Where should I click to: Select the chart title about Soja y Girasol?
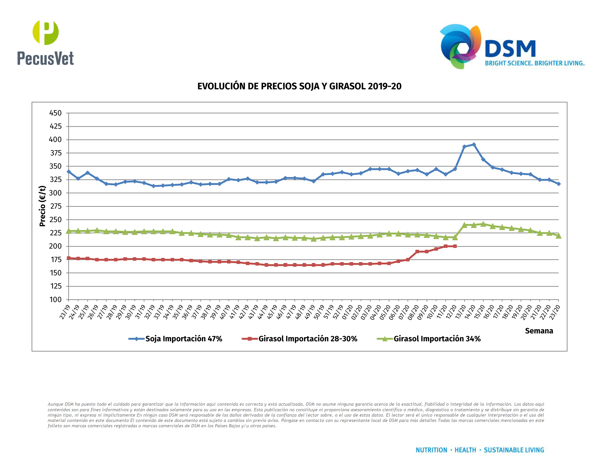tap(299, 86)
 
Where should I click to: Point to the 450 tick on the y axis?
tap(55, 113)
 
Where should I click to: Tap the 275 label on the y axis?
tap(55, 206)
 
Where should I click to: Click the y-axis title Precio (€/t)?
tap(42, 206)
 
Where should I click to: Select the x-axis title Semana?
tap(539, 331)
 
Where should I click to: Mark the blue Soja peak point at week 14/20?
tap(474, 145)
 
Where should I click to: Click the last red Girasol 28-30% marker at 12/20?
tap(455, 246)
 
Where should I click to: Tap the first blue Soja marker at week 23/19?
tap(69, 171)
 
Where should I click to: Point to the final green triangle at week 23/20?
tap(558, 236)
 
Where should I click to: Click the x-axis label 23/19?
tap(65, 312)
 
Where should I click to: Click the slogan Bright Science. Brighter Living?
tap(535, 63)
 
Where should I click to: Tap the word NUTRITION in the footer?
tap(431, 450)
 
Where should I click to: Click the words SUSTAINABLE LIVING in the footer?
tap(514, 450)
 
